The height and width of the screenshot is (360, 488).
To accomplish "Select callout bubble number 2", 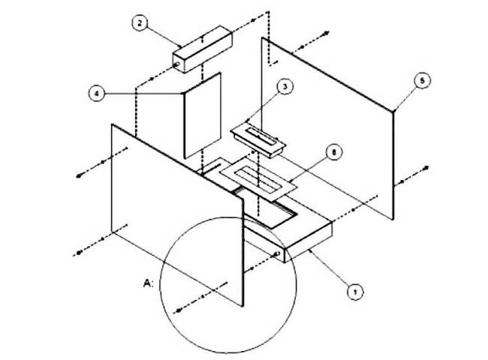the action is point(140,23).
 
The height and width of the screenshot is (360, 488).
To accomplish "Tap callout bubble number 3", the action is point(284,87).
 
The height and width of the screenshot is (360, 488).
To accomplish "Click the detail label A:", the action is point(148,283).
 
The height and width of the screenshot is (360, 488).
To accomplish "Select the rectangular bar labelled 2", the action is point(200,48).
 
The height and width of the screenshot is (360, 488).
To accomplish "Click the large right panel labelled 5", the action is point(330,127).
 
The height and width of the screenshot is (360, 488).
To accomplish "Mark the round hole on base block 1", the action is point(282,255).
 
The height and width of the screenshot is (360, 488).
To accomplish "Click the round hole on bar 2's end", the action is point(176,64).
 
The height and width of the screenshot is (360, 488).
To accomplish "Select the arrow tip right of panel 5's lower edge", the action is point(426,166).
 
